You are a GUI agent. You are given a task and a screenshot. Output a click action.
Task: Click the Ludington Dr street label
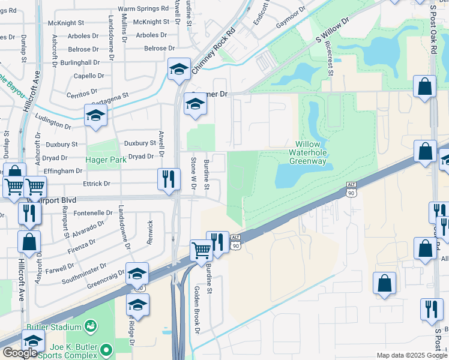pos(53,122)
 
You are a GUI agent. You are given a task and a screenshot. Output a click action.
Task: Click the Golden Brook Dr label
pos(196,308)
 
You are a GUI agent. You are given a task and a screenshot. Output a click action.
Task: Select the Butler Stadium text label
pos(53,327)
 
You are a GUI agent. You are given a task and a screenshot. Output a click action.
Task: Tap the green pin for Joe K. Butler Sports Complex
pos(106,349)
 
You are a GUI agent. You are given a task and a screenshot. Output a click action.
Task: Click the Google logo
pos(20,353)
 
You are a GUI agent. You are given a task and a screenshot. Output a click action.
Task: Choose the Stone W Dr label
pos(194,174)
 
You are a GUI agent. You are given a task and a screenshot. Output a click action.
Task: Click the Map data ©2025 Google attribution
pos(412,355)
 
